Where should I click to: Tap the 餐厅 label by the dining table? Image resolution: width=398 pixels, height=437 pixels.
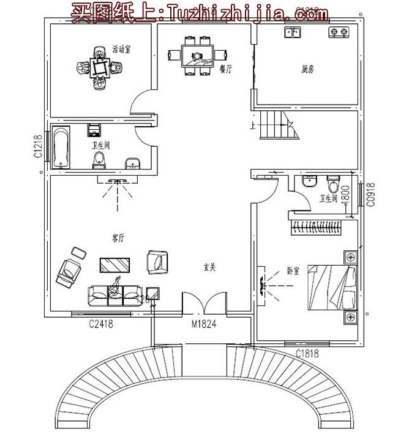pyautogui.click(x=223, y=69)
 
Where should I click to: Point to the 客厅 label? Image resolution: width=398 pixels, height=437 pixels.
pyautogui.click(x=118, y=238)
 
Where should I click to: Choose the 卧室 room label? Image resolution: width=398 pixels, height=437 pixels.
pyautogui.click(x=293, y=271)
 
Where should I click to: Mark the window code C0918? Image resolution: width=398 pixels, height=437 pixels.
pyautogui.click(x=370, y=196)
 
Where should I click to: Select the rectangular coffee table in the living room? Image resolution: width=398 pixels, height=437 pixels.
pyautogui.click(x=115, y=264)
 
